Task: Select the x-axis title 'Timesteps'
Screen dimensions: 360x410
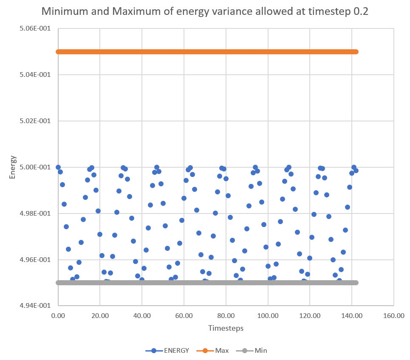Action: pyautogui.click(x=226, y=328)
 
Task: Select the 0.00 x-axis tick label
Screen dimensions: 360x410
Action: pyautogui.click(x=58, y=316)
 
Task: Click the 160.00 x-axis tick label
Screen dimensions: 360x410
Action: pyautogui.click(x=393, y=316)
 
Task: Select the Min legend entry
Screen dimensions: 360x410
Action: pyautogui.click(x=254, y=351)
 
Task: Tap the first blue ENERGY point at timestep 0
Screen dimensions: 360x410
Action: pyautogui.click(x=58, y=167)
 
